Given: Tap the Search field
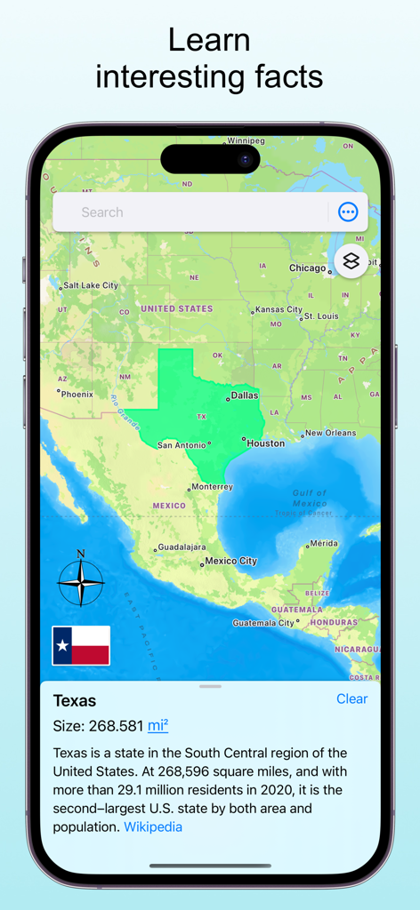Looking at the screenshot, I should (x=187, y=212).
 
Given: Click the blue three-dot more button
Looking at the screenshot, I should (x=348, y=212).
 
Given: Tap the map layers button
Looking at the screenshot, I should (x=351, y=262).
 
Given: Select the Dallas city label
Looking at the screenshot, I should (x=245, y=395).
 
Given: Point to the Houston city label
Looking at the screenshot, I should (x=265, y=443).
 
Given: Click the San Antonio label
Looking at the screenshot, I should (x=182, y=445).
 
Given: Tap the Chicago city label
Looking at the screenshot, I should (x=308, y=267).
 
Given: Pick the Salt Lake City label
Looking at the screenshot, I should (x=90, y=285).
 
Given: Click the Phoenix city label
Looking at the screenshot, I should (x=77, y=394).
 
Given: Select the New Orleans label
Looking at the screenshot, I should (x=330, y=434).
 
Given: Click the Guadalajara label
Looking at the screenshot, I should (x=182, y=547).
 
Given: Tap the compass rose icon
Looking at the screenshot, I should (x=80, y=583).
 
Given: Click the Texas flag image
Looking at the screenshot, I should (x=81, y=646).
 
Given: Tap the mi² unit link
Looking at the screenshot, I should (x=157, y=726).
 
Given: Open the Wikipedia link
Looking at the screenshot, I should (x=153, y=826).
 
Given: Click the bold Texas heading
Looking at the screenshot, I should (x=75, y=700).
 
